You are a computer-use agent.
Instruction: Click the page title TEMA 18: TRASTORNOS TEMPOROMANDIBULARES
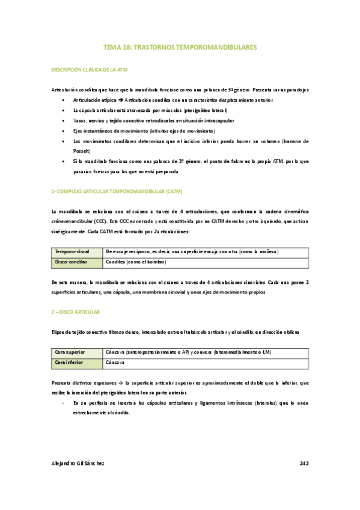click(x=180, y=46)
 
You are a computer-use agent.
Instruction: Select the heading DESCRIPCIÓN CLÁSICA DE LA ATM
click(x=90, y=70)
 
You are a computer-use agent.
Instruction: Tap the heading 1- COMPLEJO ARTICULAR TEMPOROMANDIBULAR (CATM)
click(x=117, y=191)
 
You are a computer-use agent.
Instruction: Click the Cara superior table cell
click(x=71, y=352)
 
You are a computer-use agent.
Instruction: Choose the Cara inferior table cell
click(x=70, y=363)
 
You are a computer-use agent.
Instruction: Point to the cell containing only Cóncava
click(x=115, y=363)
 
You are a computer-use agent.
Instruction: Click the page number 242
click(x=304, y=464)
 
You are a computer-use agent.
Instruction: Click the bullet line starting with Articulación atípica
click(x=172, y=100)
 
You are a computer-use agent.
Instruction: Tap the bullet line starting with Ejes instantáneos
click(x=143, y=131)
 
